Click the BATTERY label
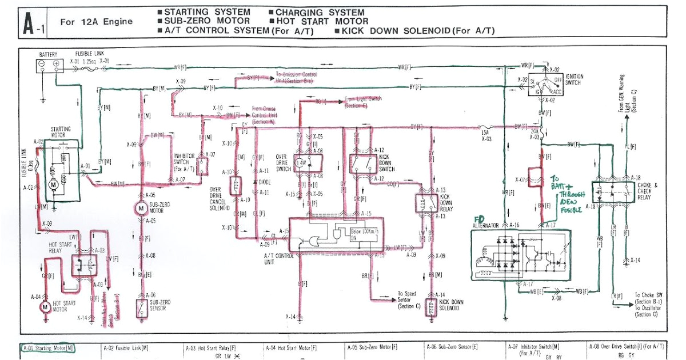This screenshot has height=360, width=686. (48, 55)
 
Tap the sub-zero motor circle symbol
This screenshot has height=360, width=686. (141, 210)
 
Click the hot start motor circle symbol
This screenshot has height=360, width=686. (45, 307)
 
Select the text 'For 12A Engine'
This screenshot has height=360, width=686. (96, 22)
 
